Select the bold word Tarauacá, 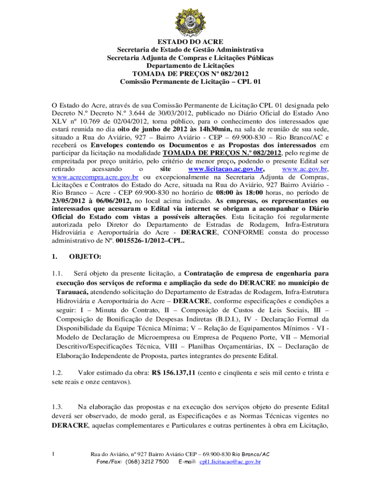tap(72, 292)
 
